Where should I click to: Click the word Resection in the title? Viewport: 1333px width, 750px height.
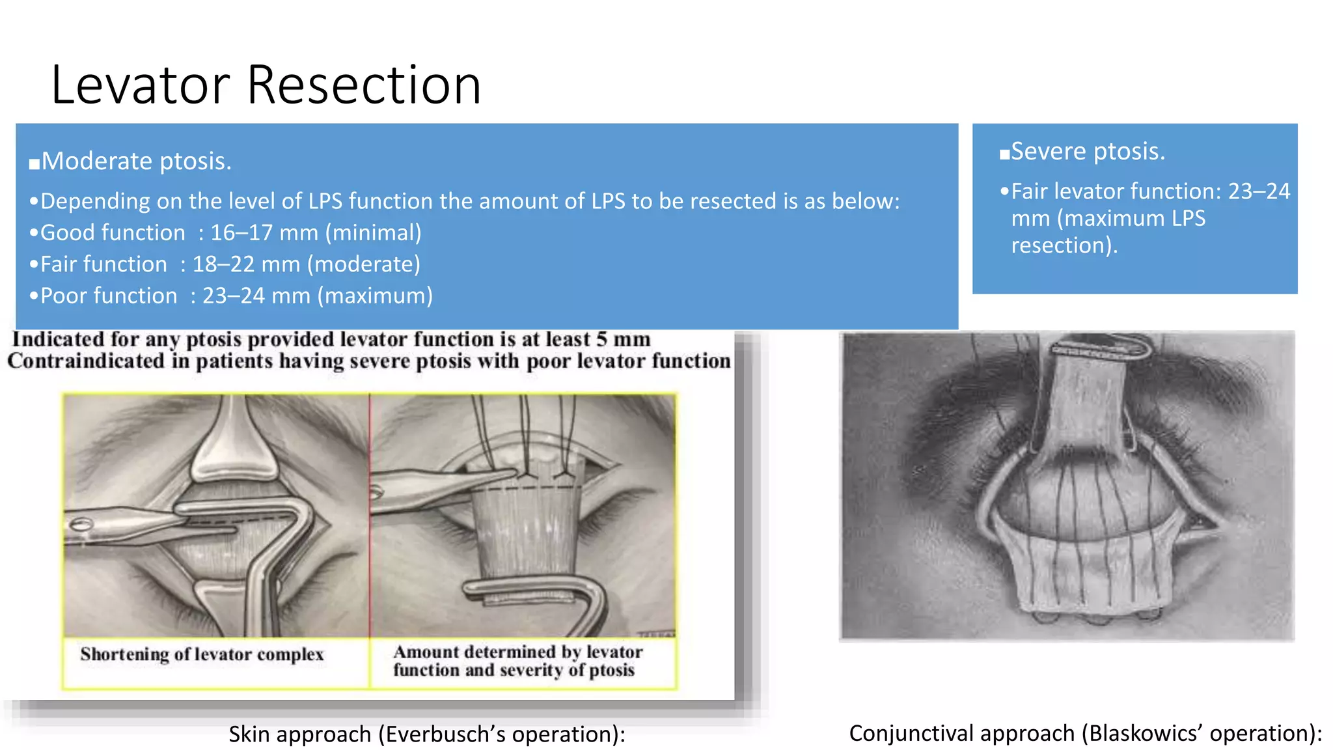[364, 85]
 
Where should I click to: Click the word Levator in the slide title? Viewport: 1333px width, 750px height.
[140, 85]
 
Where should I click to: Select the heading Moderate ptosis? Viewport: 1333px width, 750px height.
[136, 161]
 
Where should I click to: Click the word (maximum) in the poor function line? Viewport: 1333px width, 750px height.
[375, 296]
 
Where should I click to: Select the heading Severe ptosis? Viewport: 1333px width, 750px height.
[1088, 151]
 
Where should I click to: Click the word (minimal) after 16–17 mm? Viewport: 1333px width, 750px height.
[377, 232]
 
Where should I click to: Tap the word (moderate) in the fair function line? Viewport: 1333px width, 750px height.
[364, 264]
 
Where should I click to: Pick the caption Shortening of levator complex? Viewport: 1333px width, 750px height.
[202, 654]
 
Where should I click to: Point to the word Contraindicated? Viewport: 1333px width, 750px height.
[86, 361]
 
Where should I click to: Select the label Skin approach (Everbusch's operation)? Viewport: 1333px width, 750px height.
[426, 734]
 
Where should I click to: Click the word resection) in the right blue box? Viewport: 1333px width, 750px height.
[1064, 245]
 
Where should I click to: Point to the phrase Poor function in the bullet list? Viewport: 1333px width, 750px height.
[109, 296]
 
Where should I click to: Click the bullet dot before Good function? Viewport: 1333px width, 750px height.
[33, 233]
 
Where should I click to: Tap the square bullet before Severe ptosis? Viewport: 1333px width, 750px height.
[1005, 154]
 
